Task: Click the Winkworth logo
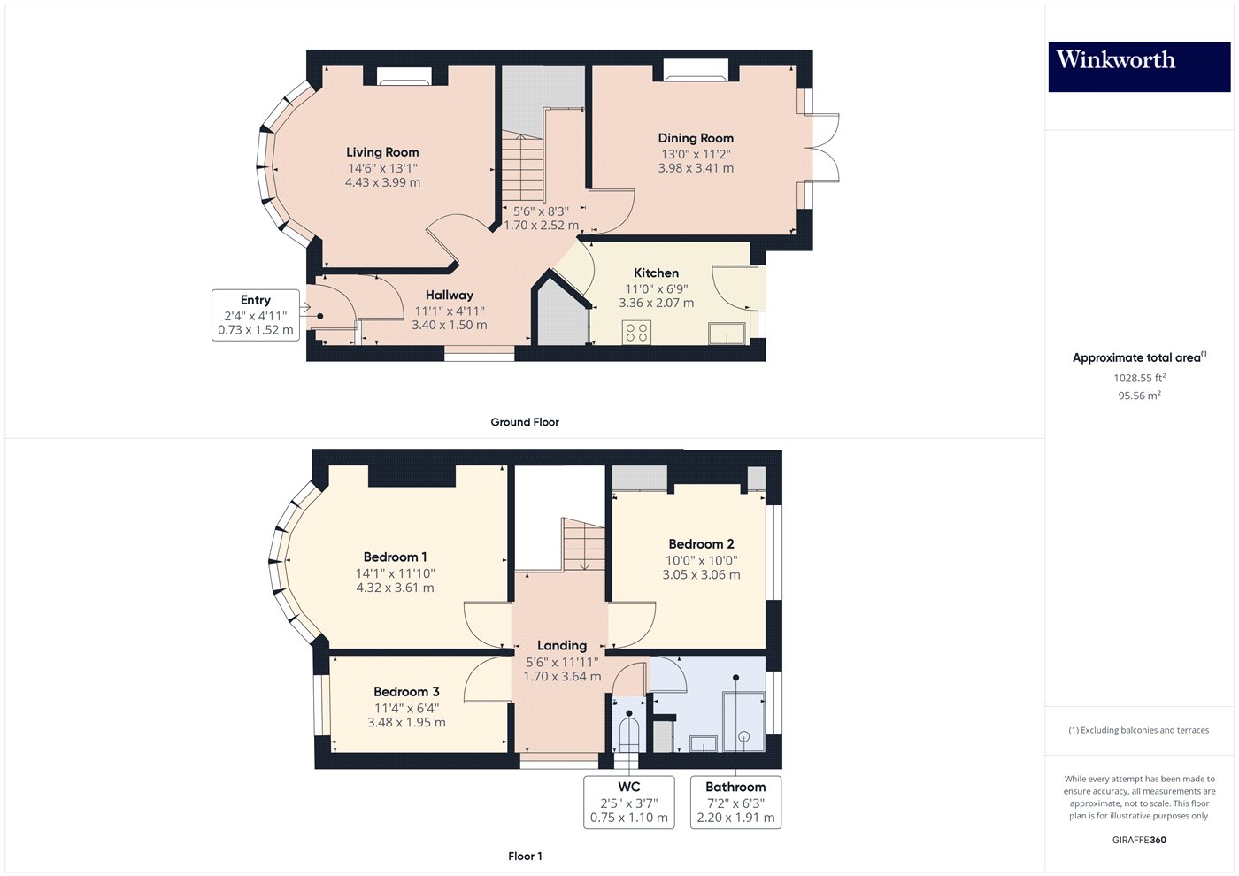[1138, 66]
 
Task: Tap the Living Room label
[382, 152]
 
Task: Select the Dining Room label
[696, 138]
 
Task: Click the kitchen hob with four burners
[636, 333]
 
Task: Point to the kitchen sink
[727, 334]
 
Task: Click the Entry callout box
[256, 315]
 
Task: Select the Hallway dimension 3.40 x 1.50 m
[449, 325]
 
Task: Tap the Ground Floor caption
[525, 422]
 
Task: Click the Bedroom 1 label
[395, 557]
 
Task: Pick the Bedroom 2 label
[701, 544]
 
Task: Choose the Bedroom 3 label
[406, 692]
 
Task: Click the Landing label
[562, 646]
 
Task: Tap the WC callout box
[628, 802]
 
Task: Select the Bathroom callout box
[735, 802]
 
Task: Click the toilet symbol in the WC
[628, 734]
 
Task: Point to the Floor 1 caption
[525, 856]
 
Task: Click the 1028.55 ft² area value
[1139, 378]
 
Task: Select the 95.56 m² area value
[1139, 396]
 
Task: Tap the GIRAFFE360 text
[1139, 840]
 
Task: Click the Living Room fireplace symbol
[404, 77]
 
